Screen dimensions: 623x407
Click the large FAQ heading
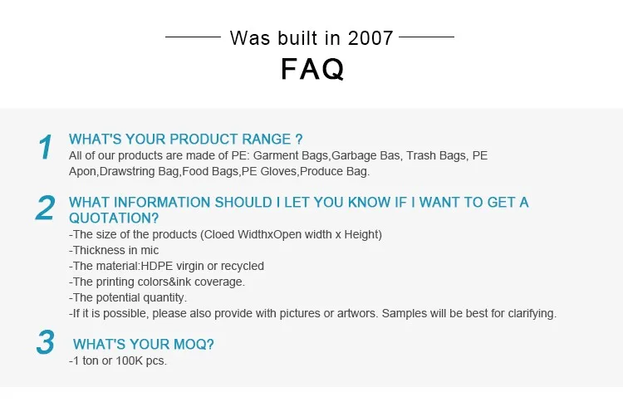312,69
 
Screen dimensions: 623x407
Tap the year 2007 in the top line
370,38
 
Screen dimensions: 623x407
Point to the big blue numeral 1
46,147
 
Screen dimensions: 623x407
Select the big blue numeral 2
45,208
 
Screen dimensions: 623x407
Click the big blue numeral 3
46,342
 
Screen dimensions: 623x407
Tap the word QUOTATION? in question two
114,218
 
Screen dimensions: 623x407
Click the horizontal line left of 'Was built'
193,37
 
